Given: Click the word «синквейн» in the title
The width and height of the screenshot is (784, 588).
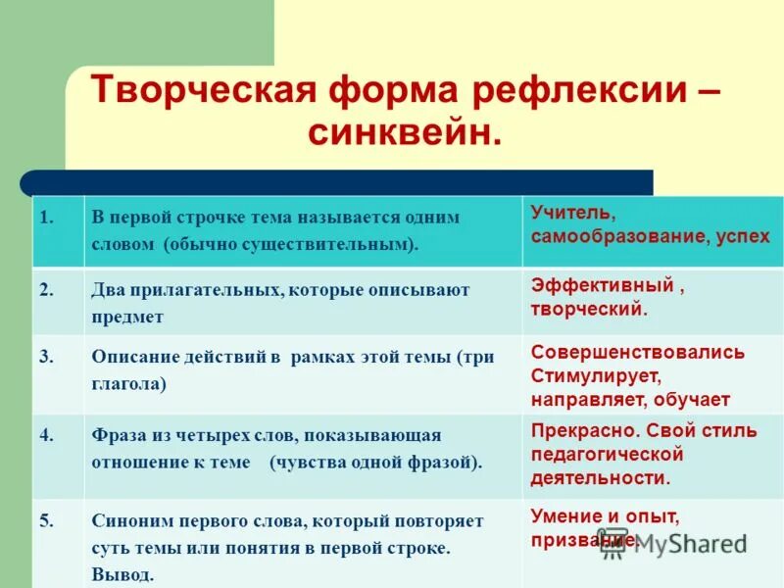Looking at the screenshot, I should coord(400,132).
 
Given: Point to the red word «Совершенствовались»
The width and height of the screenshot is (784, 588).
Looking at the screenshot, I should coord(637,352).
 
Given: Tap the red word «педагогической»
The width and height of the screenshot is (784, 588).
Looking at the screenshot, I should coord(607,454).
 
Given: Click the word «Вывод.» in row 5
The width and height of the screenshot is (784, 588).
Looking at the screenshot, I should coord(122,575).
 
